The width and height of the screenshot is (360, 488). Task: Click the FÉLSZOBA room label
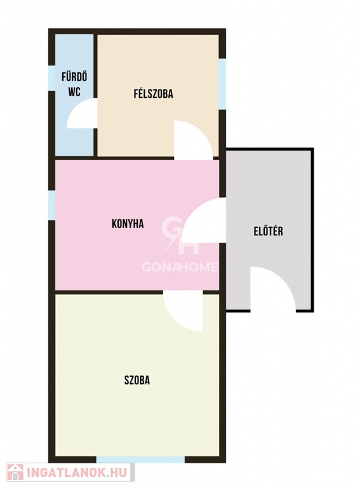tap(153, 93)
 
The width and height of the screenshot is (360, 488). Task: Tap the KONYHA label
tap(128, 224)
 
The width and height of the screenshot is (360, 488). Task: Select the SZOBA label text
tap(137, 380)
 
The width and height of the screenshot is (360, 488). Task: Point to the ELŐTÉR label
tap(269, 231)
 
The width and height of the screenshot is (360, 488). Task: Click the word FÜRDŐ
tap(74, 77)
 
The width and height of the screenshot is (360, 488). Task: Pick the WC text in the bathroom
tap(75, 91)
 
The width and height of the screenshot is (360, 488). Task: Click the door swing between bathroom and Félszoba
tap(81, 113)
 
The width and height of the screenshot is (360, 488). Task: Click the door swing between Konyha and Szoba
tap(183, 311)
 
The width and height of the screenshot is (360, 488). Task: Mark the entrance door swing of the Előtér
tap(272, 288)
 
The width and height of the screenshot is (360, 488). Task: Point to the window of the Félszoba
tap(222, 84)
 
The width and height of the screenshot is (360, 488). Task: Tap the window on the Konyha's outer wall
tap(51, 205)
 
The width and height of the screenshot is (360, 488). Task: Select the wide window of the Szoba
tap(140, 459)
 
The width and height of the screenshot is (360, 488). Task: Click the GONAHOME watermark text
tap(180, 267)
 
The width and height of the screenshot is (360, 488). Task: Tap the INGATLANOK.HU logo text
tap(77, 473)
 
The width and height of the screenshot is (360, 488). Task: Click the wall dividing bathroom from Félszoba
tap(95, 95)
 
